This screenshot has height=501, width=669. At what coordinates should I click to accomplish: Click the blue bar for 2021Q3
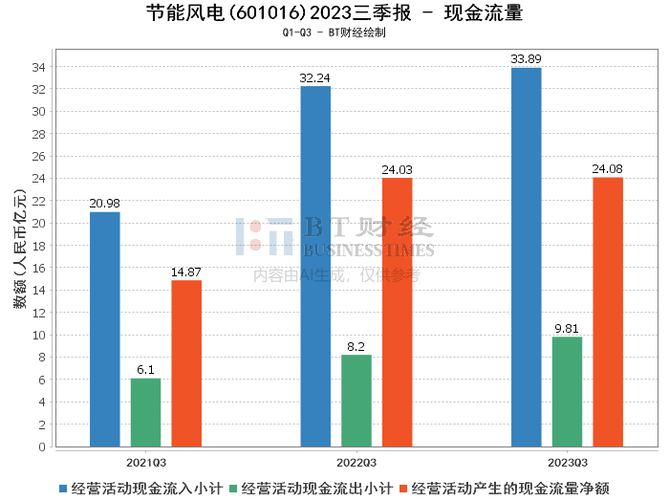[x=105, y=330]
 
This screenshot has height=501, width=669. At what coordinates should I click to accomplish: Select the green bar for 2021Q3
[x=146, y=413]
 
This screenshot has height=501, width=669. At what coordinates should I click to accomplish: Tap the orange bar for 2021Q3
[x=186, y=363]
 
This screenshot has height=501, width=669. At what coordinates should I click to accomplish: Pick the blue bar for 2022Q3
[x=315, y=267]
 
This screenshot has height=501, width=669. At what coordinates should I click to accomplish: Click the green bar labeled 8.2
[x=356, y=401]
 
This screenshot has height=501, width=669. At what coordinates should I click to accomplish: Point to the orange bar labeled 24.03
[x=398, y=313]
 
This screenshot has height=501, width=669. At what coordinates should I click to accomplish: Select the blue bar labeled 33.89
[x=527, y=257]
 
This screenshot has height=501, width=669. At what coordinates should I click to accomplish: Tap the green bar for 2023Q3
[x=567, y=392]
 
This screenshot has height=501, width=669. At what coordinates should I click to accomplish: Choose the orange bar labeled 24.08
[x=608, y=312]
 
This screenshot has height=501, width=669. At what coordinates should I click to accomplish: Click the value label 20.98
[x=104, y=204]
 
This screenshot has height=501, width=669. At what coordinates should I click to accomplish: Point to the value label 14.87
[x=186, y=272]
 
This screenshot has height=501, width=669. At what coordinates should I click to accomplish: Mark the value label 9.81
[x=567, y=329]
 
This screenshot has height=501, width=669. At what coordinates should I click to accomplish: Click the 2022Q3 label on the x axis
[x=356, y=463]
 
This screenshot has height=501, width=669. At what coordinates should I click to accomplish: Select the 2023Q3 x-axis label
[x=568, y=463]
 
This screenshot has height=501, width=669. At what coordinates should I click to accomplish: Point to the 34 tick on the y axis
[x=38, y=67]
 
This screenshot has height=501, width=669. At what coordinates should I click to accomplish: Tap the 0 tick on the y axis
[x=42, y=447]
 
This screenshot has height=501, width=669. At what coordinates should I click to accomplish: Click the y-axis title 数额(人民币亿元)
[x=20, y=249]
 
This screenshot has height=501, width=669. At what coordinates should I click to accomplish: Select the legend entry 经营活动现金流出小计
[x=311, y=489]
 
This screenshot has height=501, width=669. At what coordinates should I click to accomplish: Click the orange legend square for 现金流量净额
[x=403, y=489]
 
